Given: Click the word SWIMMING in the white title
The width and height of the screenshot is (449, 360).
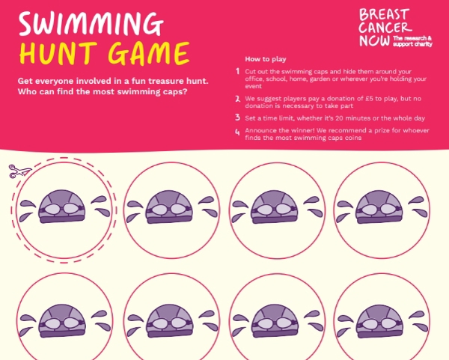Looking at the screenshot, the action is coord(91,23).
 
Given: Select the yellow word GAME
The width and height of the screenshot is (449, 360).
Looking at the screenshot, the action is coord(149,53).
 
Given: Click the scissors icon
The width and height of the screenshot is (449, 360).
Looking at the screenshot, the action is coord(19,171).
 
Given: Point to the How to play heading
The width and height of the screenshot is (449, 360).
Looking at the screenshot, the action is coord(266,59).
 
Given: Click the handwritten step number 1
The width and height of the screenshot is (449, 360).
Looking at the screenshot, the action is coord(237,71).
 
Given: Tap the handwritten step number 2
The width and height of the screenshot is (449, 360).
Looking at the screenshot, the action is coord(237,99).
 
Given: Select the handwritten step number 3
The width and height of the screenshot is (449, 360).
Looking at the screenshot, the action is coord(237,118).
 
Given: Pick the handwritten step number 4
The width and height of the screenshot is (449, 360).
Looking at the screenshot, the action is coord(237,132).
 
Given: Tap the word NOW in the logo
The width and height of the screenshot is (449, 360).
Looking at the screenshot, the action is coord(374,40).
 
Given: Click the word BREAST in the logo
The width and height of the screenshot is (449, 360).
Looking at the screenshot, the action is coord(384,14).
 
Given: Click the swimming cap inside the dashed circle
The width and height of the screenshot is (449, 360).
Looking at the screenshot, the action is coord(62,207).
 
